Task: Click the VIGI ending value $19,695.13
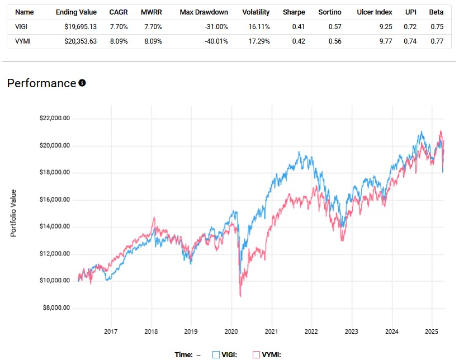click(77, 27)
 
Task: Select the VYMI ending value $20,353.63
click(77, 41)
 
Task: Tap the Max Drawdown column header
click(204, 12)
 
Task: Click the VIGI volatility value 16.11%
click(257, 27)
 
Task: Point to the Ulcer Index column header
click(374, 12)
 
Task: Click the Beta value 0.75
click(437, 27)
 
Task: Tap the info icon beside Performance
click(82, 83)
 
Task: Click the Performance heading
click(41, 83)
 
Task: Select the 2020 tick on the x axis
click(231, 329)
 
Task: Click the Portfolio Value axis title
click(13, 212)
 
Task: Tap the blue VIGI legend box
click(216, 354)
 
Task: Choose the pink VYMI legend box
click(257, 354)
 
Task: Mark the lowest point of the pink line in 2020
click(240, 296)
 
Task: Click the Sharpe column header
click(294, 12)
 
